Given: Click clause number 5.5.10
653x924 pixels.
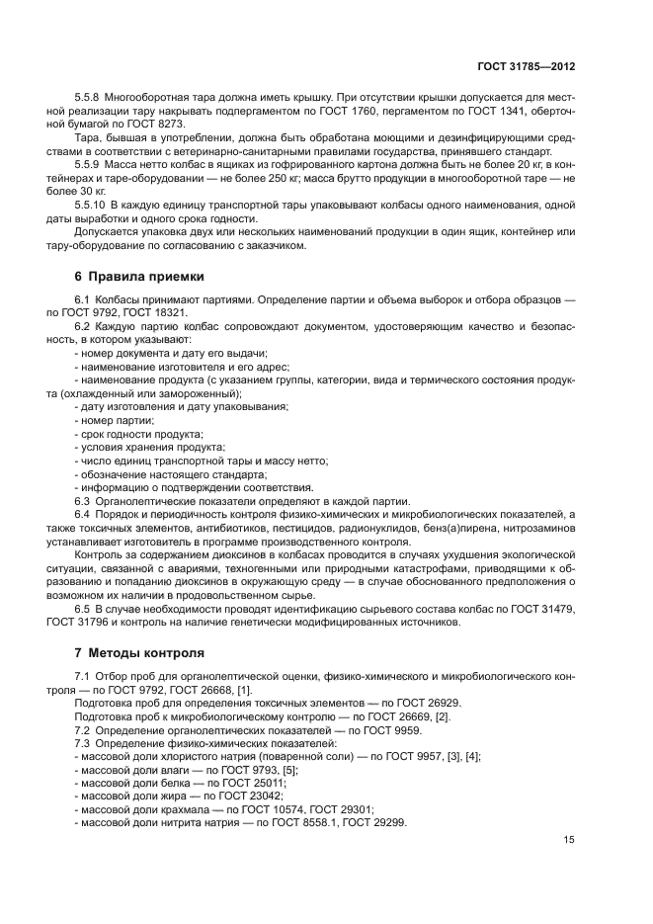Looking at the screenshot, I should pyautogui.click(x=91, y=203).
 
